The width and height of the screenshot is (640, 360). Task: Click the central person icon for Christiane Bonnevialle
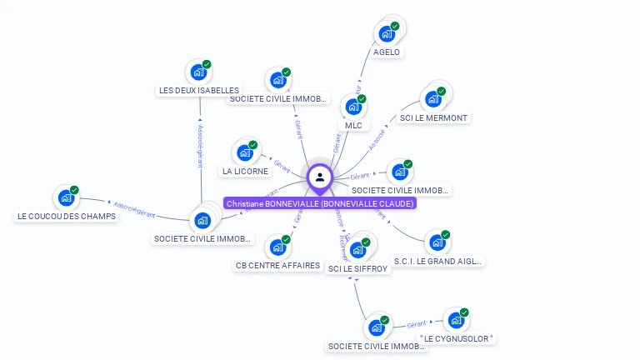(x=319, y=177)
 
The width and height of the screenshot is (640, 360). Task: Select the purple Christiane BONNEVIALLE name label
(x=319, y=203)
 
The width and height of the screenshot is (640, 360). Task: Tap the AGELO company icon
(x=386, y=33)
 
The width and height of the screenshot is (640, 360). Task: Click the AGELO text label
(x=387, y=52)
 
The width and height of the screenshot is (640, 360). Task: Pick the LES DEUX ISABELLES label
(x=199, y=90)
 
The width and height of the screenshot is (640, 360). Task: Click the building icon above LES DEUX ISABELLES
(x=198, y=72)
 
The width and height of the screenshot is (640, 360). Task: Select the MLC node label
(x=353, y=125)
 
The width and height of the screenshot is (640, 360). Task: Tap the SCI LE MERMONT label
(x=433, y=117)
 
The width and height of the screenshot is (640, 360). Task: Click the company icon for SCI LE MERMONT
(x=432, y=99)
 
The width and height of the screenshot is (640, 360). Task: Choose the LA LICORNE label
(x=245, y=171)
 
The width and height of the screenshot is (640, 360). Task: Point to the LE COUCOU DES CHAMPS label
(x=67, y=216)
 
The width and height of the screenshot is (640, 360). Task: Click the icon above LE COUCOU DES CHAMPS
(x=65, y=198)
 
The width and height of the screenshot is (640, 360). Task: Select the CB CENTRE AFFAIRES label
(x=277, y=265)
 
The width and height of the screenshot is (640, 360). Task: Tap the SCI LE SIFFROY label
(x=358, y=268)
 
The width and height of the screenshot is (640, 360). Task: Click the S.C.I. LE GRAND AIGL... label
(x=437, y=261)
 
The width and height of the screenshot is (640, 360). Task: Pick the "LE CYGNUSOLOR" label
(x=457, y=338)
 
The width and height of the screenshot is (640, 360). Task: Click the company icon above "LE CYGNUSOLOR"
(x=455, y=320)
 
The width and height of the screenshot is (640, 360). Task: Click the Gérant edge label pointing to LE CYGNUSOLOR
(x=416, y=323)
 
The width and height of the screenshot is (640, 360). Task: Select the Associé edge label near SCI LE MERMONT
(x=377, y=137)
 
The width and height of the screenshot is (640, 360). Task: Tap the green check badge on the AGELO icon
(x=395, y=26)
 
